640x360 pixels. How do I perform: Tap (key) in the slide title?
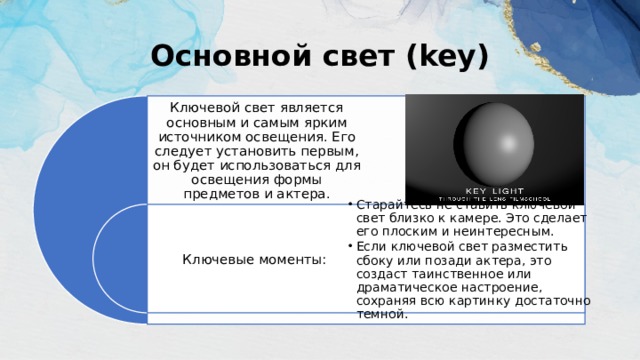coord(441,56)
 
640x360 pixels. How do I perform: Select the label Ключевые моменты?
coord(254,260)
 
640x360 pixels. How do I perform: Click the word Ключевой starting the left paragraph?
coord(204,107)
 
